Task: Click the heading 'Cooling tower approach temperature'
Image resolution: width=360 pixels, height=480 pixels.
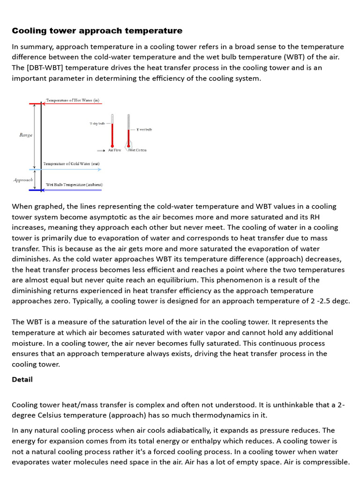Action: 97,31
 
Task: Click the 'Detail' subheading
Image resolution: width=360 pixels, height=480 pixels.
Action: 22,379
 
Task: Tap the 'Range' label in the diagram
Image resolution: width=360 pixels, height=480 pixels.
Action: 26,135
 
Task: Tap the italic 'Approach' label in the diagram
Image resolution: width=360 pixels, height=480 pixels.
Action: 23,180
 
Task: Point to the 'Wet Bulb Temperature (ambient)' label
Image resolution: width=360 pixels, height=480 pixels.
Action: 74,185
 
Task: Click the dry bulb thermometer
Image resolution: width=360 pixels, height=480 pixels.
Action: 112,131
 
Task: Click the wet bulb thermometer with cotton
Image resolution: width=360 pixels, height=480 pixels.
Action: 128,134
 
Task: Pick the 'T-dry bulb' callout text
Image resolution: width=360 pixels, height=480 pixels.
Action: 97,124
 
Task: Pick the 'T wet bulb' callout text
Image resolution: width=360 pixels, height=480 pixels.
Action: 144,129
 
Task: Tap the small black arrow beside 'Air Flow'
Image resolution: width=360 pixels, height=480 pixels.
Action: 101,150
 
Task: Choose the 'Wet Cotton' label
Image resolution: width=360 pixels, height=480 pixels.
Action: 137,150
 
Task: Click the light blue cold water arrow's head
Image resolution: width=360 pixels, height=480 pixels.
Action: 99,169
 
